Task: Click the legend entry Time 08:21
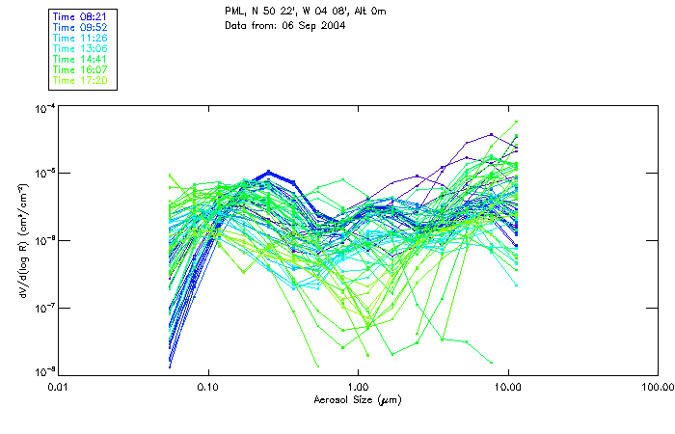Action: point(79,17)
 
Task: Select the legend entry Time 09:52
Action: point(79,28)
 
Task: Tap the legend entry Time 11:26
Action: point(79,39)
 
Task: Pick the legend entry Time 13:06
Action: point(79,49)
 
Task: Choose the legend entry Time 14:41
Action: point(79,60)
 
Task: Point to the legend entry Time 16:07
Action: point(79,70)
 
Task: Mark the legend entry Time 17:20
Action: point(79,81)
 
